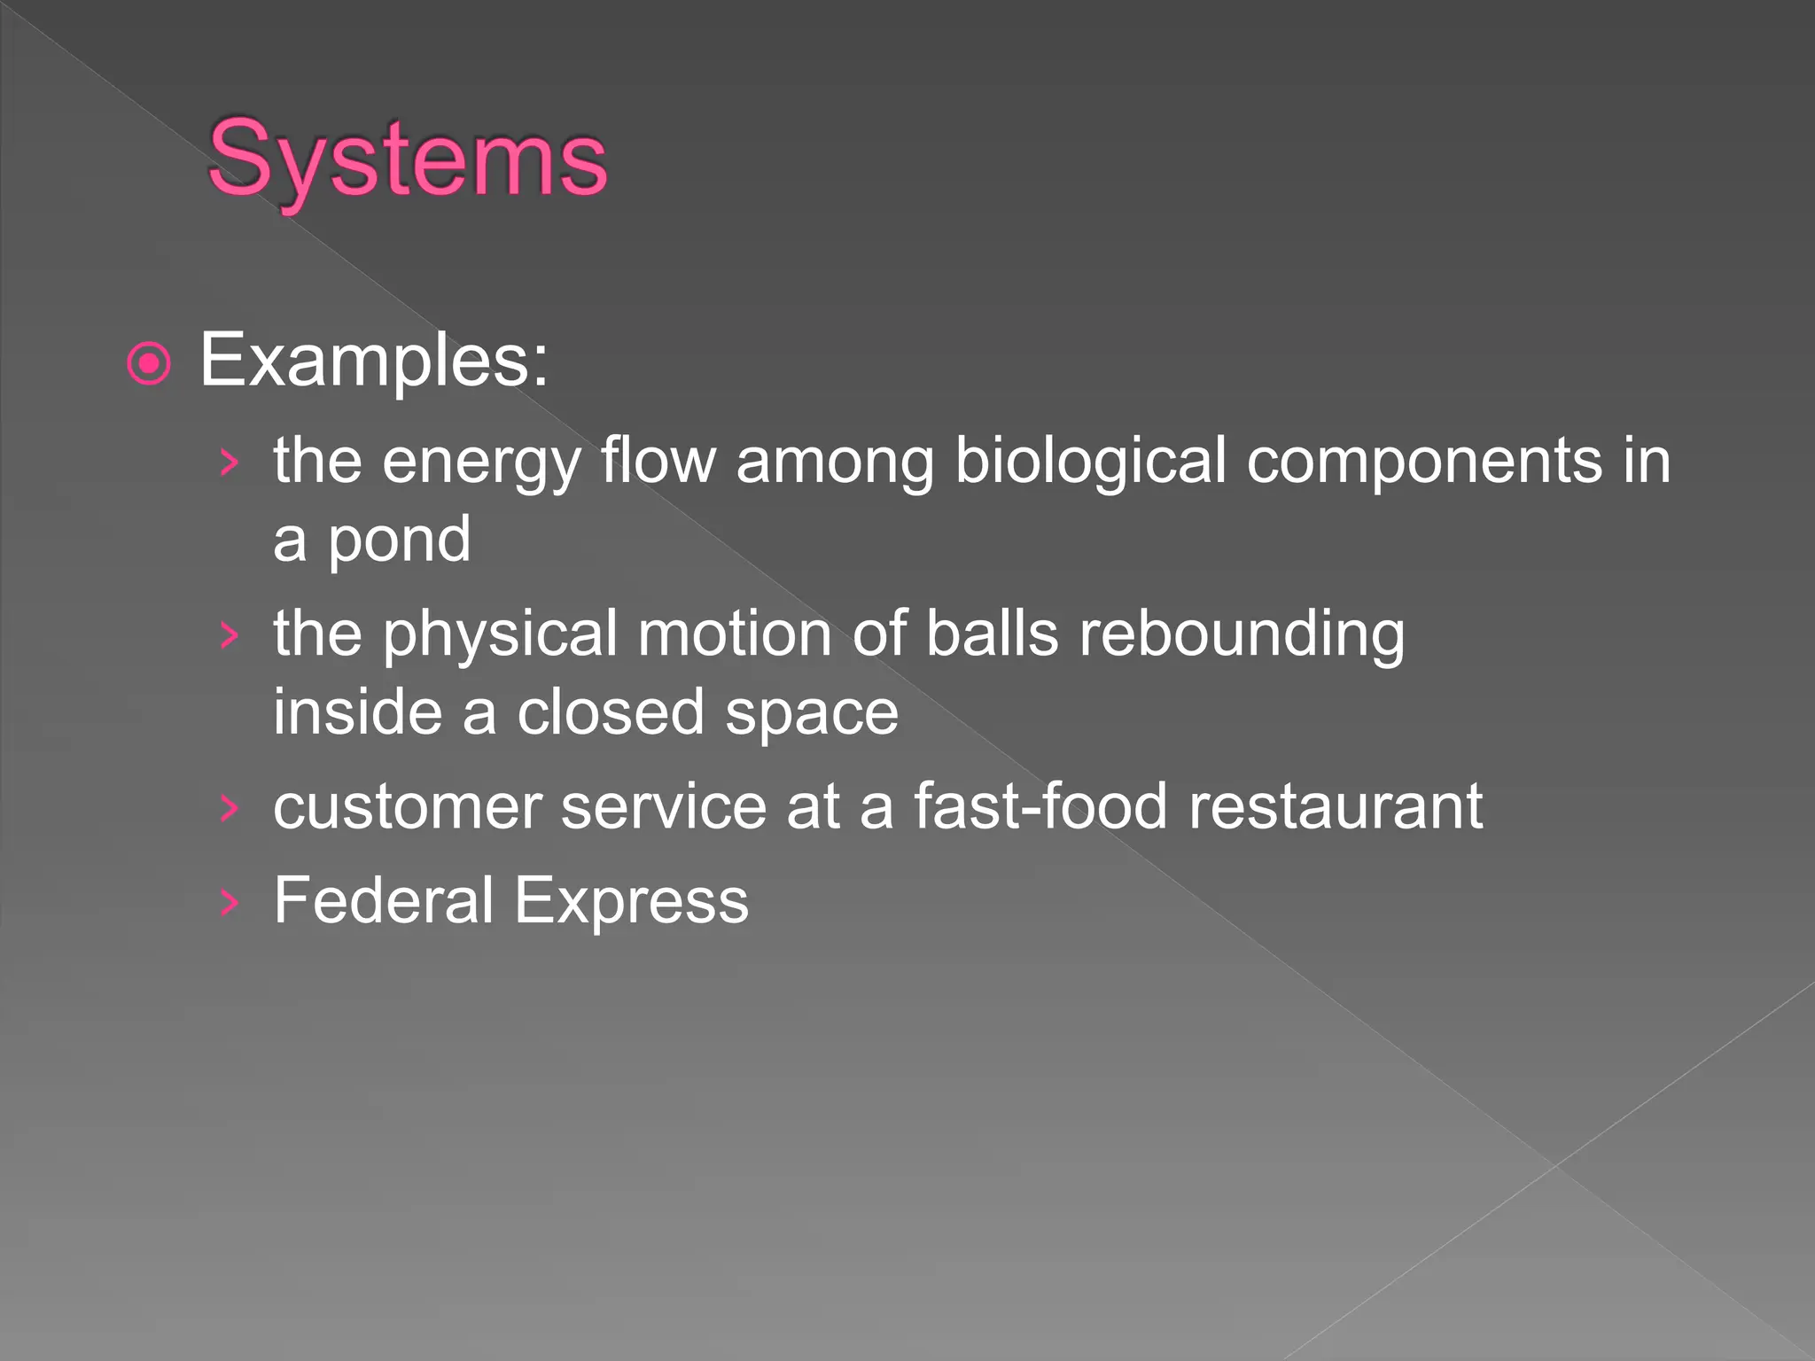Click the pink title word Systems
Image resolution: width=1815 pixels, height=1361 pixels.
click(407, 160)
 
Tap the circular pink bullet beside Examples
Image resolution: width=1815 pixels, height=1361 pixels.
click(149, 363)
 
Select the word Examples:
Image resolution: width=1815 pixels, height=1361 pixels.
click(374, 361)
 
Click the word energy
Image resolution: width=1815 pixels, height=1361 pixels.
click(480, 463)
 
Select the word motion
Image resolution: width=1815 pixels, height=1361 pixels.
click(735, 634)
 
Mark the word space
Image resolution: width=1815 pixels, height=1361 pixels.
click(811, 714)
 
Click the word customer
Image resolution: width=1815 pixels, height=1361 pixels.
click(408, 807)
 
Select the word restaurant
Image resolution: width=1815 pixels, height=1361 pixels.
click(1336, 807)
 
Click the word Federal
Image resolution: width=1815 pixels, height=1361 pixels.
click(383, 900)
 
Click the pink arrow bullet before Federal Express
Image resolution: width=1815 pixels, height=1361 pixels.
click(230, 902)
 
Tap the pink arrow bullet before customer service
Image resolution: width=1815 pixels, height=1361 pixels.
click(230, 808)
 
